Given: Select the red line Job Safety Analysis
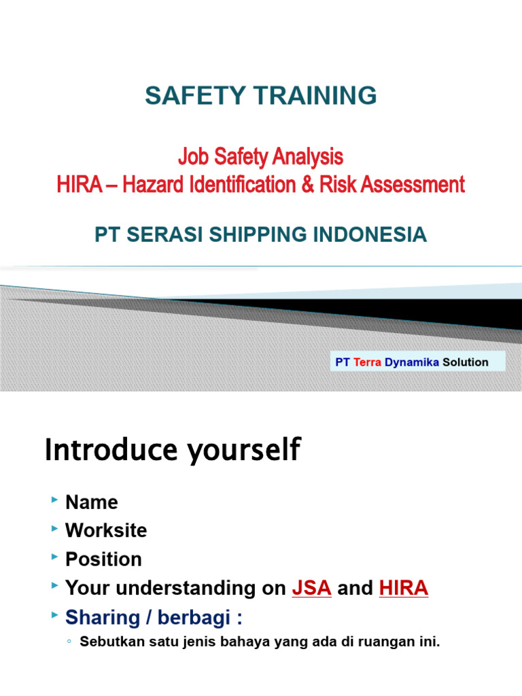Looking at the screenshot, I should pos(260,158).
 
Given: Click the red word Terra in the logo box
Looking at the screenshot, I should pos(367,362).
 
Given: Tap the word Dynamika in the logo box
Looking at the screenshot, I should pos(412,362).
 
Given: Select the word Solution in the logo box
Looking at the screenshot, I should pos(465,362).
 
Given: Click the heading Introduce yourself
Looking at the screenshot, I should pos(172,451).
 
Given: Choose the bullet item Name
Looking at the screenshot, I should pos(92,502).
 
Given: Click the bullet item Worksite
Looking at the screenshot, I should pos(106,530).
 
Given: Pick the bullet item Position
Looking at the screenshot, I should pos(103,559).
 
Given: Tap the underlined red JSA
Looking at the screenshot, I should pos(311,588).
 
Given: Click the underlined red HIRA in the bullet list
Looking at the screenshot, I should pos(404,588).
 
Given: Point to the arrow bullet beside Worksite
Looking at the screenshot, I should pos(54,529).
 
